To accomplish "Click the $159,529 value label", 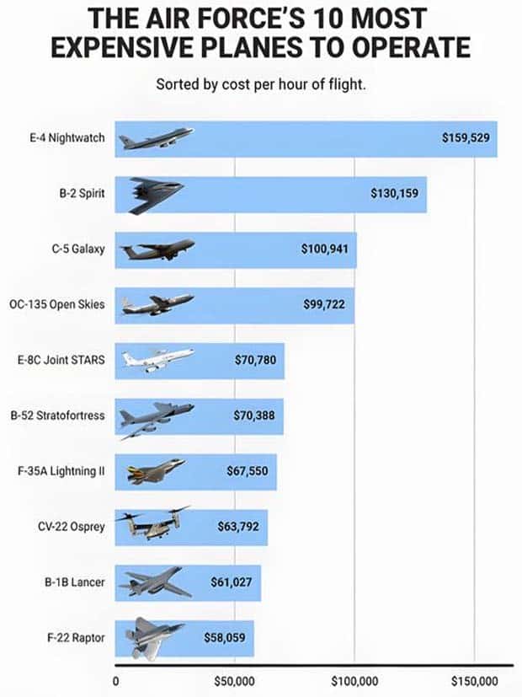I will (x=465, y=138).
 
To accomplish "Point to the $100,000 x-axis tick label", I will (x=354, y=681).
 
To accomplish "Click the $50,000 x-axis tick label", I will (x=234, y=681).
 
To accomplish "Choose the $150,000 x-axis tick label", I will (x=474, y=681).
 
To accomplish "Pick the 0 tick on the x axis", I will (x=115, y=681).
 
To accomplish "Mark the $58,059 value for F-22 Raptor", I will (x=225, y=637).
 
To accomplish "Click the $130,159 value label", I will (x=394, y=194).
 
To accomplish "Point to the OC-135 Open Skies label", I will (x=57, y=304).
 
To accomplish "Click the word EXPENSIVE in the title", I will (x=119, y=47).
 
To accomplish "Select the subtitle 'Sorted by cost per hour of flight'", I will (x=260, y=85).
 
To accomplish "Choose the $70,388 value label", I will (x=253, y=416).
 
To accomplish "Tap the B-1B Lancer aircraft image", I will (x=154, y=582).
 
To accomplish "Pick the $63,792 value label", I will (x=237, y=527).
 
